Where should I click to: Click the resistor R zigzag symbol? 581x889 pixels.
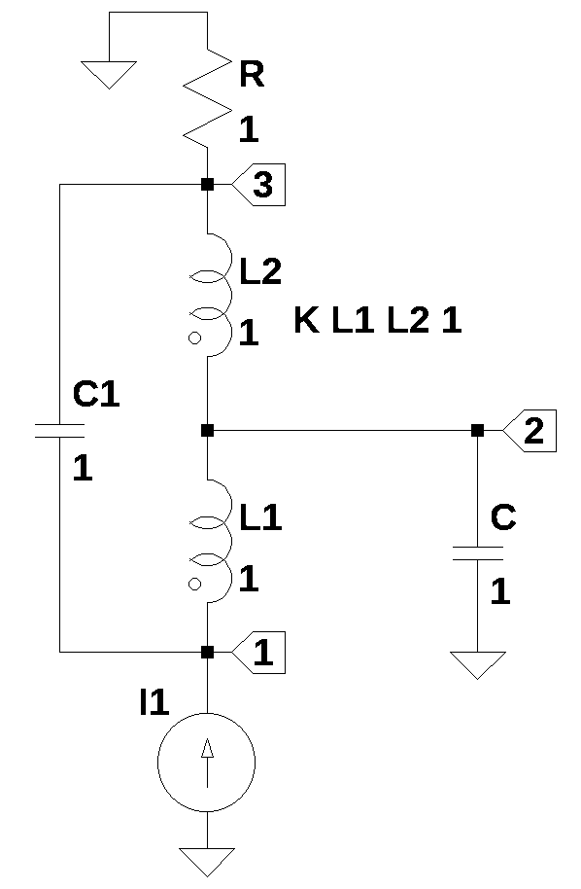click(x=207, y=99)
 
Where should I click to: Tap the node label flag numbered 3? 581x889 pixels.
click(x=258, y=185)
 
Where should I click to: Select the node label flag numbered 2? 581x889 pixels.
click(x=530, y=431)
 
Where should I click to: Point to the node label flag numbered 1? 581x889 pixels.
click(x=258, y=653)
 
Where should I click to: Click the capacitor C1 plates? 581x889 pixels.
click(x=59, y=431)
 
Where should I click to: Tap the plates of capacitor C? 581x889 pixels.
click(x=477, y=553)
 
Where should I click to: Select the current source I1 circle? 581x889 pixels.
click(x=207, y=762)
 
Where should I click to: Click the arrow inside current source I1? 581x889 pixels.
click(x=207, y=762)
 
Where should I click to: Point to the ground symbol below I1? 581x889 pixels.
click(x=207, y=862)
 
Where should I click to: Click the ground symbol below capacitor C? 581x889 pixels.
click(x=477, y=665)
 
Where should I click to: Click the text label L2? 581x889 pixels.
click(x=260, y=270)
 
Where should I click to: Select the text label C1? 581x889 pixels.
click(x=96, y=394)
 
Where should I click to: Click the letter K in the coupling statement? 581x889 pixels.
click(x=307, y=320)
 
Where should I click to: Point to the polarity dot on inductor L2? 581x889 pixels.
click(x=194, y=338)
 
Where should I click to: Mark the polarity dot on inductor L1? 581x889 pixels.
click(x=194, y=584)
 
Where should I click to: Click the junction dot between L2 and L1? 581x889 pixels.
click(x=207, y=431)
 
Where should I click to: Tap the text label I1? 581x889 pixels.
click(x=154, y=702)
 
